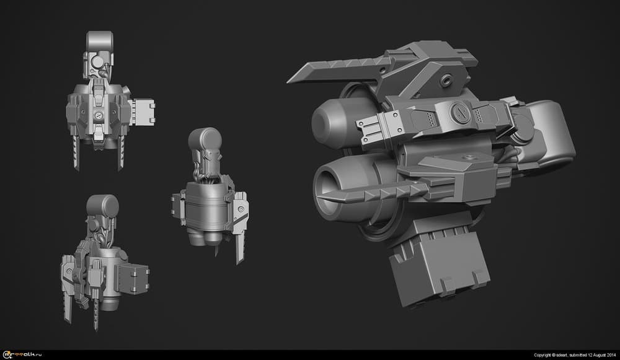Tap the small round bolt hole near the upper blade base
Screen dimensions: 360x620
(x=446, y=81)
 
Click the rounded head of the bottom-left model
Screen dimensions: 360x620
(x=103, y=205)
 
